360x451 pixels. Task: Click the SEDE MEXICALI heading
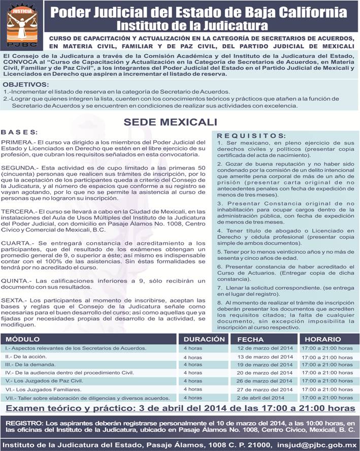tap(170, 122)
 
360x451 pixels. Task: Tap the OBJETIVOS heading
tap(26, 84)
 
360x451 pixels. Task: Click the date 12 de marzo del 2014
tap(265, 348)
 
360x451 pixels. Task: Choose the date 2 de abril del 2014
tap(260, 397)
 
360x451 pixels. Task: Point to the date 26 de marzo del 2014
tap(265, 381)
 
